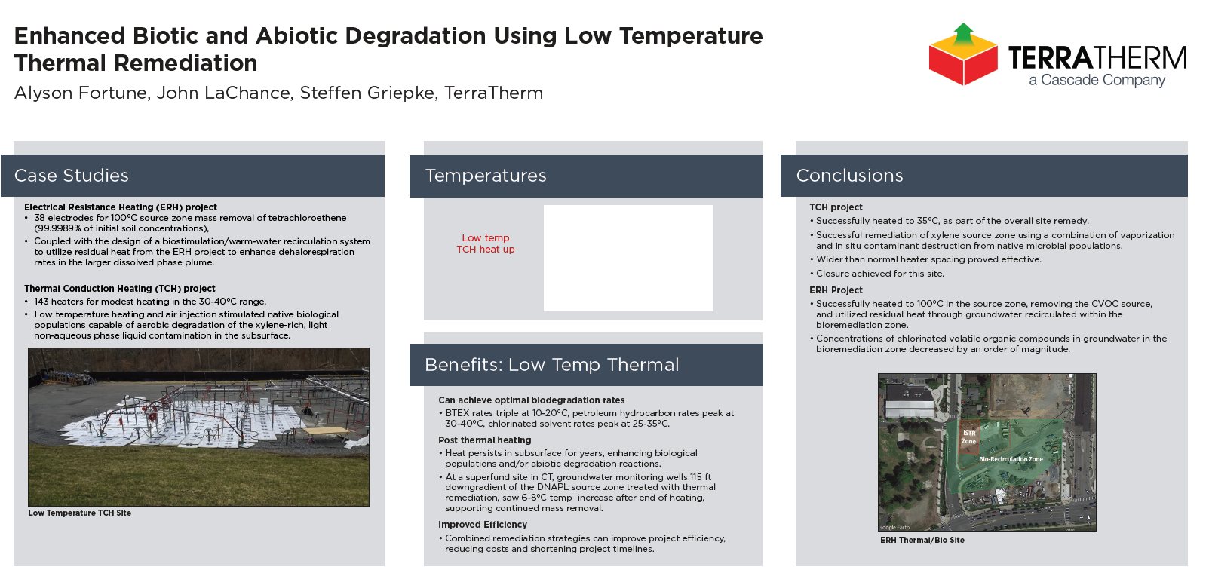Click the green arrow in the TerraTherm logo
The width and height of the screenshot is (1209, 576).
click(x=963, y=33)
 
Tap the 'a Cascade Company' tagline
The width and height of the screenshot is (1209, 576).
click(x=1097, y=80)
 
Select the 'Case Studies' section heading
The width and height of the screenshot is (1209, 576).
click(x=72, y=176)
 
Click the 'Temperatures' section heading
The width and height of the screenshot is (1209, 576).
click(x=486, y=176)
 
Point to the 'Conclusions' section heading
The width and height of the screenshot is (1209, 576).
click(x=849, y=176)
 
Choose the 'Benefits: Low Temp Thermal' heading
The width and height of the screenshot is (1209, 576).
click(x=551, y=365)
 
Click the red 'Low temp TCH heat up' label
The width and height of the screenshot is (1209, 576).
click(x=486, y=244)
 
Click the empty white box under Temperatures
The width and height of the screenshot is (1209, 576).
click(x=628, y=258)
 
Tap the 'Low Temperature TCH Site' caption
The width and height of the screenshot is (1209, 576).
click(x=80, y=513)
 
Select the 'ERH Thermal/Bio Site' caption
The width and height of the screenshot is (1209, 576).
click(x=922, y=540)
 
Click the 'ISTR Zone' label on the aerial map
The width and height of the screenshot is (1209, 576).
click(x=969, y=437)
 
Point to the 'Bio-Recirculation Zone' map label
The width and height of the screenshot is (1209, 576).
click(x=1011, y=459)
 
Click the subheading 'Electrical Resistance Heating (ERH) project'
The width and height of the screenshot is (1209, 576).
click(x=121, y=207)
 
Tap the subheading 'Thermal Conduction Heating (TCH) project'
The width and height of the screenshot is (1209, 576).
click(x=120, y=289)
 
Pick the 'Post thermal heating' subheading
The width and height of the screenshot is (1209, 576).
click(x=484, y=440)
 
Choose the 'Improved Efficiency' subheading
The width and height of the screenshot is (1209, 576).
click(x=483, y=525)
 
